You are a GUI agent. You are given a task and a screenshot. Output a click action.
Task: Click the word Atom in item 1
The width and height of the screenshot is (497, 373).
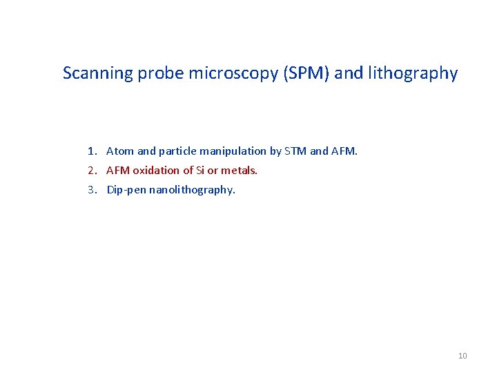coord(120,151)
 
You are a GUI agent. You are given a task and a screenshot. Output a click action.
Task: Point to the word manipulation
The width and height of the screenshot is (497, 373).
coord(231,151)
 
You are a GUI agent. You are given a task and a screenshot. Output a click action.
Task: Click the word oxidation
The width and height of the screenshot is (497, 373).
coord(157,171)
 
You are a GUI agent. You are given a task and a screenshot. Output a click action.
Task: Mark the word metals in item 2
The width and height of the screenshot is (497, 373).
coord(239,171)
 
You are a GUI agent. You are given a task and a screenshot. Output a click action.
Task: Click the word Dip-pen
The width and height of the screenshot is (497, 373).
coord(126,190)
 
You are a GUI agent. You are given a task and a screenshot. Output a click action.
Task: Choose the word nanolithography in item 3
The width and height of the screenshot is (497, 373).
coord(192,190)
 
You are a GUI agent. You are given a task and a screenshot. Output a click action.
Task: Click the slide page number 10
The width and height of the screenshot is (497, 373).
coord(462,356)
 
